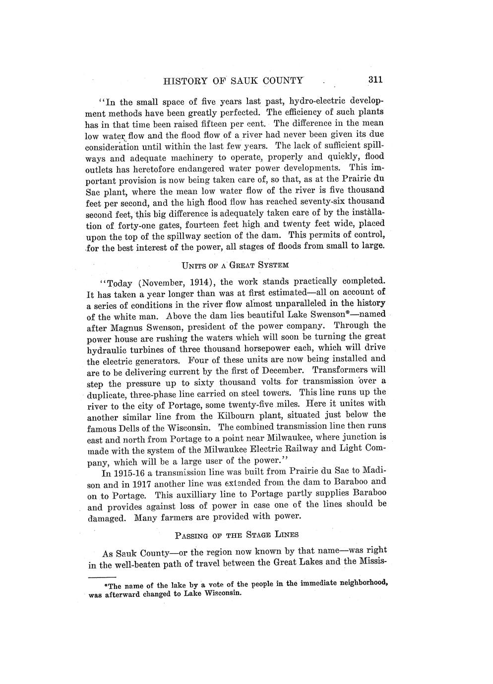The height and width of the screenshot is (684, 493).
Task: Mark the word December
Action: pyautogui.click(x=279, y=371)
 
